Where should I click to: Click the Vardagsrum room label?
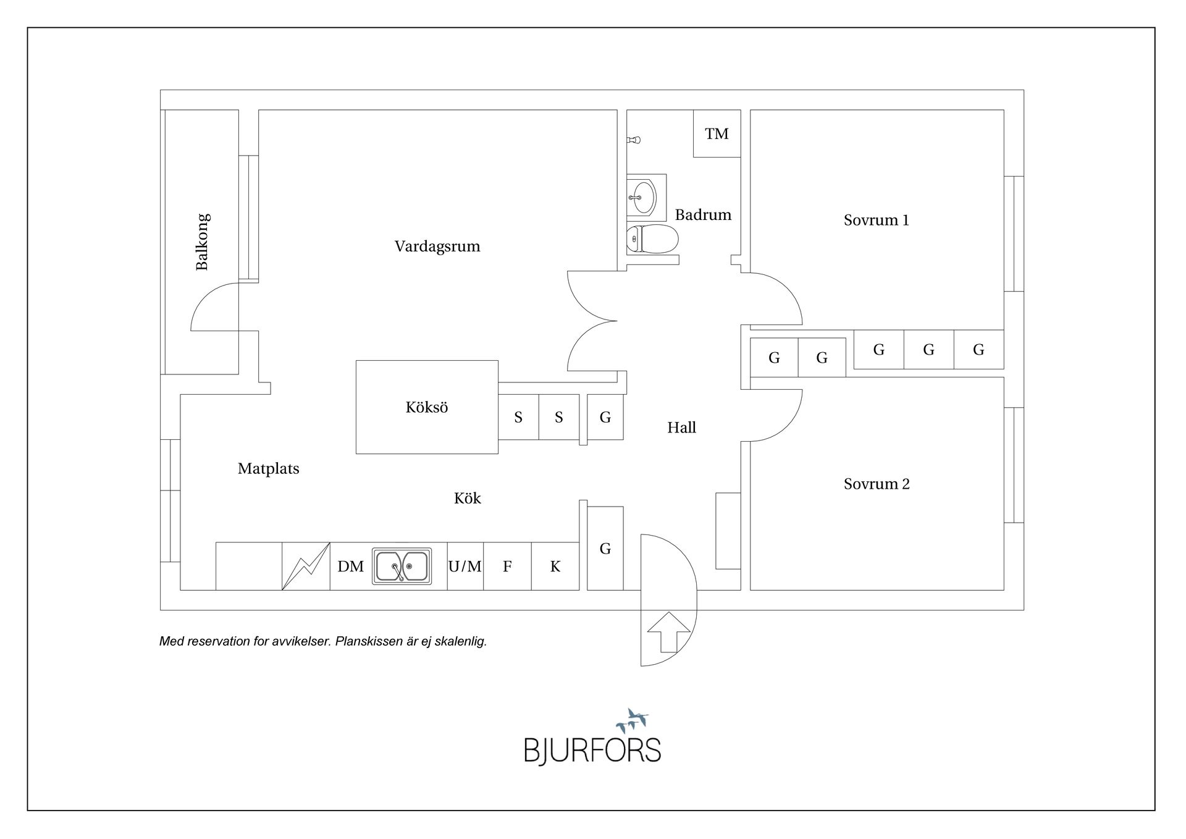(x=437, y=247)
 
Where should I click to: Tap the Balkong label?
(x=202, y=242)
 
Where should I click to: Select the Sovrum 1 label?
(x=876, y=220)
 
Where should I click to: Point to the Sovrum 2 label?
(x=877, y=484)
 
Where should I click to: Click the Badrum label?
(x=703, y=215)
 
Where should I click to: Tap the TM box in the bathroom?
(x=717, y=133)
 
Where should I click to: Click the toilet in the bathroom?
(x=652, y=239)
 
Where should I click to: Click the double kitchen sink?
(x=402, y=566)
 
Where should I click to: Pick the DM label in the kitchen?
(x=350, y=567)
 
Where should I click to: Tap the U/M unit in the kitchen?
(x=465, y=566)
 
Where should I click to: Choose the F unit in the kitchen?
(x=507, y=566)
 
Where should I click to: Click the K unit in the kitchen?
(x=555, y=566)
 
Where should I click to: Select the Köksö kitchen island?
(x=427, y=407)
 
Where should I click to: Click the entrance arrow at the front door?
(x=668, y=632)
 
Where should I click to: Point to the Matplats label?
(x=268, y=469)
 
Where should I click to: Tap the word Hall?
(x=681, y=428)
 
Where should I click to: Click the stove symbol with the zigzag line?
(x=306, y=566)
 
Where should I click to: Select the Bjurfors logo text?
(x=592, y=750)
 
